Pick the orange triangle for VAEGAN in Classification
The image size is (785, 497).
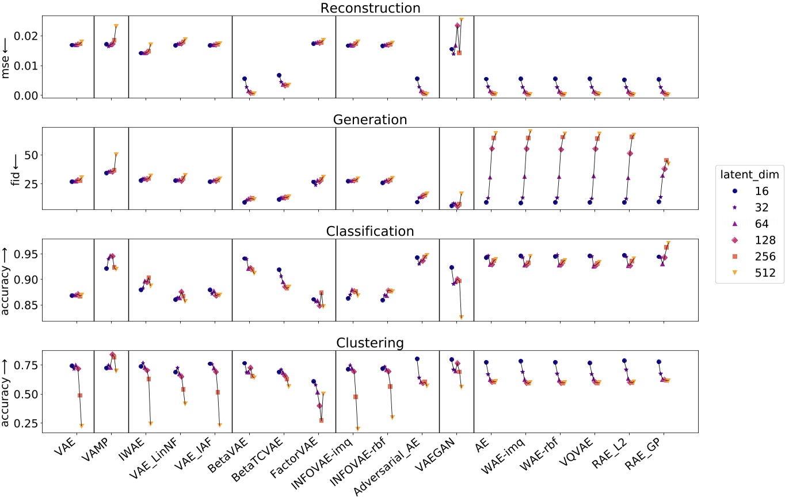tap(461, 317)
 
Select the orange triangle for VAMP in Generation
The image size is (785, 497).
tap(116, 154)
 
